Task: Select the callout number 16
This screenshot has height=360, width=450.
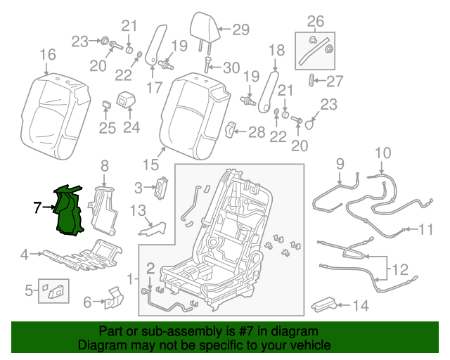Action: coord(47,55)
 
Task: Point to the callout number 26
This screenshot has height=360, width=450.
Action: coord(316,20)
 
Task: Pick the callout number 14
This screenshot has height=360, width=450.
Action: coord(360,306)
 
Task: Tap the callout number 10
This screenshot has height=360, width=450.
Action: coord(382,153)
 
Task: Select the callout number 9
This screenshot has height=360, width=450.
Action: coord(340,164)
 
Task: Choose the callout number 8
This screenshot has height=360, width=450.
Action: coord(104,166)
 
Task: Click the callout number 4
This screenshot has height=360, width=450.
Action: coord(24,254)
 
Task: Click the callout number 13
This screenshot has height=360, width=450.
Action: coord(137,210)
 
